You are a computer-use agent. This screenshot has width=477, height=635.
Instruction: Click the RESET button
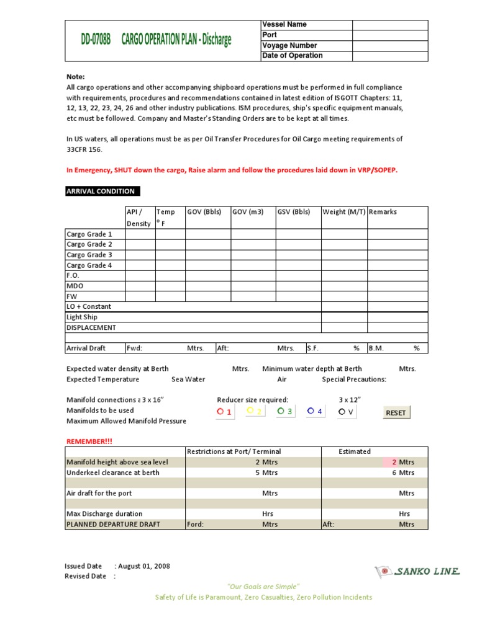click(396, 412)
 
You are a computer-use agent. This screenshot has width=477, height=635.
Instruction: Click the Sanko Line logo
click(417, 571)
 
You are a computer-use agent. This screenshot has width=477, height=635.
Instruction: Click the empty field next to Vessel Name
click(390, 25)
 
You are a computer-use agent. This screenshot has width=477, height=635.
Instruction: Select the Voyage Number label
click(289, 45)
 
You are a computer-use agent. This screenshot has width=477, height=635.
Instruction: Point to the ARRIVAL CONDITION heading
click(102, 191)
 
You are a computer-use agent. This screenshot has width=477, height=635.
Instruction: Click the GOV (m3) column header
click(248, 212)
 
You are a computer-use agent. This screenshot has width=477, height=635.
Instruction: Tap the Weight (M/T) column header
click(343, 212)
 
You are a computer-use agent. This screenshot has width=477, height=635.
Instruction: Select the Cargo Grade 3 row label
click(89, 255)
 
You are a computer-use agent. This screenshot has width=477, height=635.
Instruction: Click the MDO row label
click(75, 286)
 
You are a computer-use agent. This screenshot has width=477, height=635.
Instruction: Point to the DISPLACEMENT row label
click(91, 327)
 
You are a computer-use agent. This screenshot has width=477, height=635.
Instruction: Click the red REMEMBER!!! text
click(90, 441)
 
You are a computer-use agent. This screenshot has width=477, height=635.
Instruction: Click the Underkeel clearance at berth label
click(112, 473)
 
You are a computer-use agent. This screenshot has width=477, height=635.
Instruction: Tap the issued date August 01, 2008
click(144, 566)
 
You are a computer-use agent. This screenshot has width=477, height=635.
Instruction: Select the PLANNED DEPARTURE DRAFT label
click(113, 524)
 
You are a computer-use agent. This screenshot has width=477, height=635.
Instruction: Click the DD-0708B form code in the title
click(95, 40)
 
